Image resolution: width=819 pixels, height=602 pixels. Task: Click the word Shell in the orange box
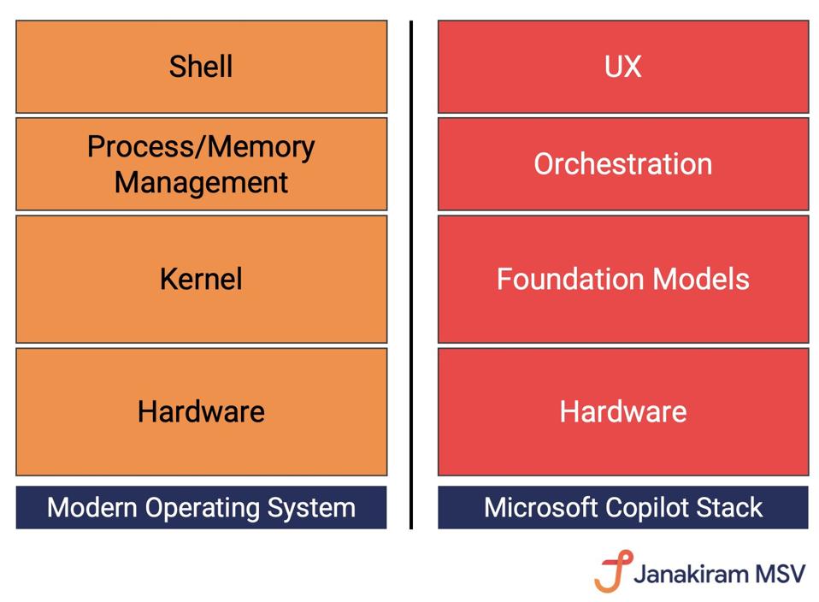coord(201,67)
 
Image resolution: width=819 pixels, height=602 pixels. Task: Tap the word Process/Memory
coord(201,147)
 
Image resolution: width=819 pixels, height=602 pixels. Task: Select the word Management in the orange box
coord(201,182)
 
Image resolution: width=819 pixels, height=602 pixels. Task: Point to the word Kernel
coord(201,279)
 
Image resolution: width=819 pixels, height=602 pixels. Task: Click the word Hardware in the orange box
coord(201,411)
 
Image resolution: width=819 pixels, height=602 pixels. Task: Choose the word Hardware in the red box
coord(622,411)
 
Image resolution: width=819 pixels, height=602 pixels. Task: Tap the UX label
coord(622,67)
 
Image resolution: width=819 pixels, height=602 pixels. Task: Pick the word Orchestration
coord(622,163)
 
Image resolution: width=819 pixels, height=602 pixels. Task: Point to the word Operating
coord(203,508)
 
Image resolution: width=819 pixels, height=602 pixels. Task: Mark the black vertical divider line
coord(411,274)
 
